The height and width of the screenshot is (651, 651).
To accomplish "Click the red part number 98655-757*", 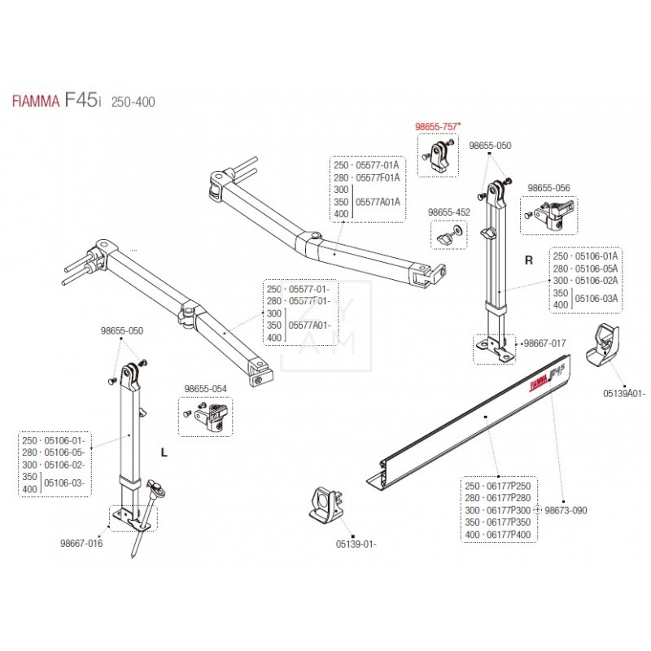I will pos(438,126).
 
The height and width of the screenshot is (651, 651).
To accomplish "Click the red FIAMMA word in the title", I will pos(35,102).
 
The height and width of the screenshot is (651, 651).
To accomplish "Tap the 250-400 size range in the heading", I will pos(132,102).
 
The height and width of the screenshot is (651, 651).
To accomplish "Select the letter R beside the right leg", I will pos(529,261).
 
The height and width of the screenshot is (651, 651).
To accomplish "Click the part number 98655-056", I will pos(548,187).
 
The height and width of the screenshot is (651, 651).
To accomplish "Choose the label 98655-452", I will pos(449,212).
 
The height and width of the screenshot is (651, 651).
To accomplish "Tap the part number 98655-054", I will pos(204,389).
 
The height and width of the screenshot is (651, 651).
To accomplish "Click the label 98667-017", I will pos(544,344).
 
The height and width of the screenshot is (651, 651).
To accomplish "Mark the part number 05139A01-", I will pos(624,392).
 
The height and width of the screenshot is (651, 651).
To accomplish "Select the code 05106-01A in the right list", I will pos(596,256).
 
